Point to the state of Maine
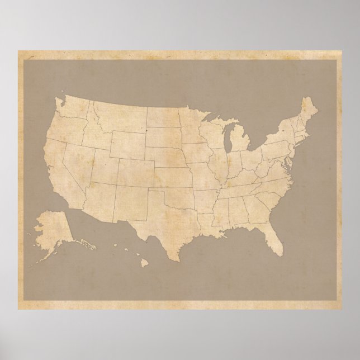point(308,112)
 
